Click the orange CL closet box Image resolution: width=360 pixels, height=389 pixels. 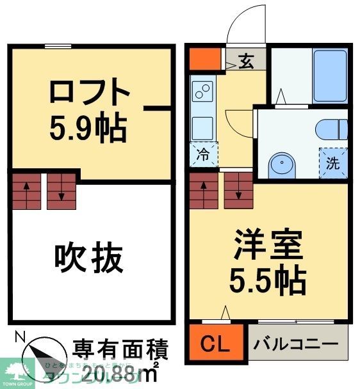217,344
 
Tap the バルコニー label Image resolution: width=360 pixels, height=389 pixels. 296,344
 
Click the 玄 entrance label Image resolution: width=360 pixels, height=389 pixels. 246,61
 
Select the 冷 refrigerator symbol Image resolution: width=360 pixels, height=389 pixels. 202,154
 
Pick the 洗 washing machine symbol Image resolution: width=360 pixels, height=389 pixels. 332,163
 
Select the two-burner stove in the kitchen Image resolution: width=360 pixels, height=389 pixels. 204,92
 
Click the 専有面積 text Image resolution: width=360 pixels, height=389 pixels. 120,350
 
